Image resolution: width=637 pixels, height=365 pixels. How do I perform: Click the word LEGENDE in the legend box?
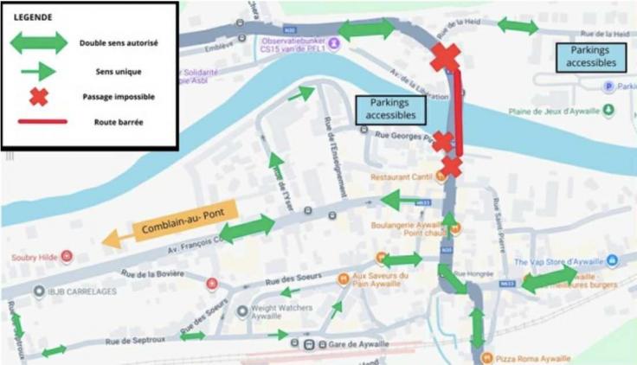33,16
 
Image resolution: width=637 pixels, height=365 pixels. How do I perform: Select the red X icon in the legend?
38,97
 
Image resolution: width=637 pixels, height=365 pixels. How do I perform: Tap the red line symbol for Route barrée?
38,121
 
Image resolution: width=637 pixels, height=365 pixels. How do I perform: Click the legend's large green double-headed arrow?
39,42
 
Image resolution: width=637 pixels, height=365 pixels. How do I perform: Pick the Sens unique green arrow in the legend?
38,71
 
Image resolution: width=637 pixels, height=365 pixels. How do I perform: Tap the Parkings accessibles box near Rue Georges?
390,108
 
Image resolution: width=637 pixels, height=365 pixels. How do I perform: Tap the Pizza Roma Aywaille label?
531,358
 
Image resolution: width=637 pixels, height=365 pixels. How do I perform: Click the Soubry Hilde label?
33,257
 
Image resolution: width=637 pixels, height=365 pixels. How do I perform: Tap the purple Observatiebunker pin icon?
333,44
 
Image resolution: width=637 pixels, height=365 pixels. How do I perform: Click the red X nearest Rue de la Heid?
445,57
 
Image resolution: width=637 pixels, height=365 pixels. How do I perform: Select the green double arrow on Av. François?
246,228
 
